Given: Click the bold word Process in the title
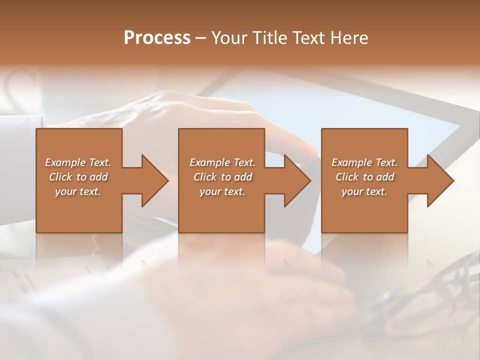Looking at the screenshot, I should click(x=157, y=38).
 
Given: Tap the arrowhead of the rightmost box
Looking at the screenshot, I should click(x=439, y=180).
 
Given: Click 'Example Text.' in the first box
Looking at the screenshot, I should click(x=78, y=162).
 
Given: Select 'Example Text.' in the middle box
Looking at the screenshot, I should click(x=222, y=162).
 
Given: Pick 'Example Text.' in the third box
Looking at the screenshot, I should click(x=364, y=162).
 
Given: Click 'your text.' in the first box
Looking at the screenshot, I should click(x=78, y=191).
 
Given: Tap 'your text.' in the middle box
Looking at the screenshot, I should click(x=222, y=191).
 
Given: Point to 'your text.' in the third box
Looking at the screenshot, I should click(x=364, y=191).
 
